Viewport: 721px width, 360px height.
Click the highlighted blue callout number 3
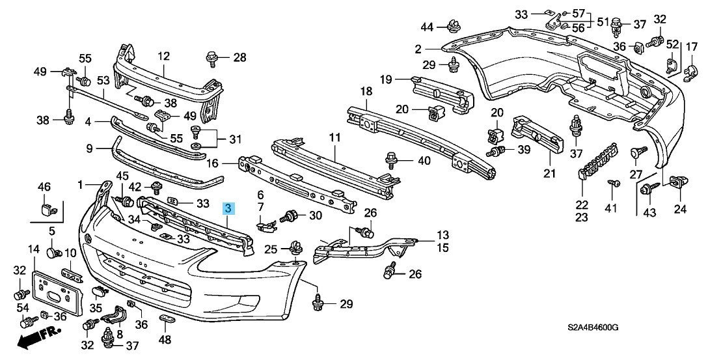[x=228, y=208]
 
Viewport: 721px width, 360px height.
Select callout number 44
[x=426, y=27]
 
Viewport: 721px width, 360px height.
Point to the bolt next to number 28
[x=212, y=59]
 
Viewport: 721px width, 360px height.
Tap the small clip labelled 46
[x=46, y=208]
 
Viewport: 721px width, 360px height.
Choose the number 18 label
[x=366, y=91]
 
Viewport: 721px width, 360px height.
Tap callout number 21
[x=551, y=173]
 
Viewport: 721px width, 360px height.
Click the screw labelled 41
[x=612, y=185]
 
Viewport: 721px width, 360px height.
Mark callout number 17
[x=691, y=46]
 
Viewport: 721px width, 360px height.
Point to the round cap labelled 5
[x=53, y=251]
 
